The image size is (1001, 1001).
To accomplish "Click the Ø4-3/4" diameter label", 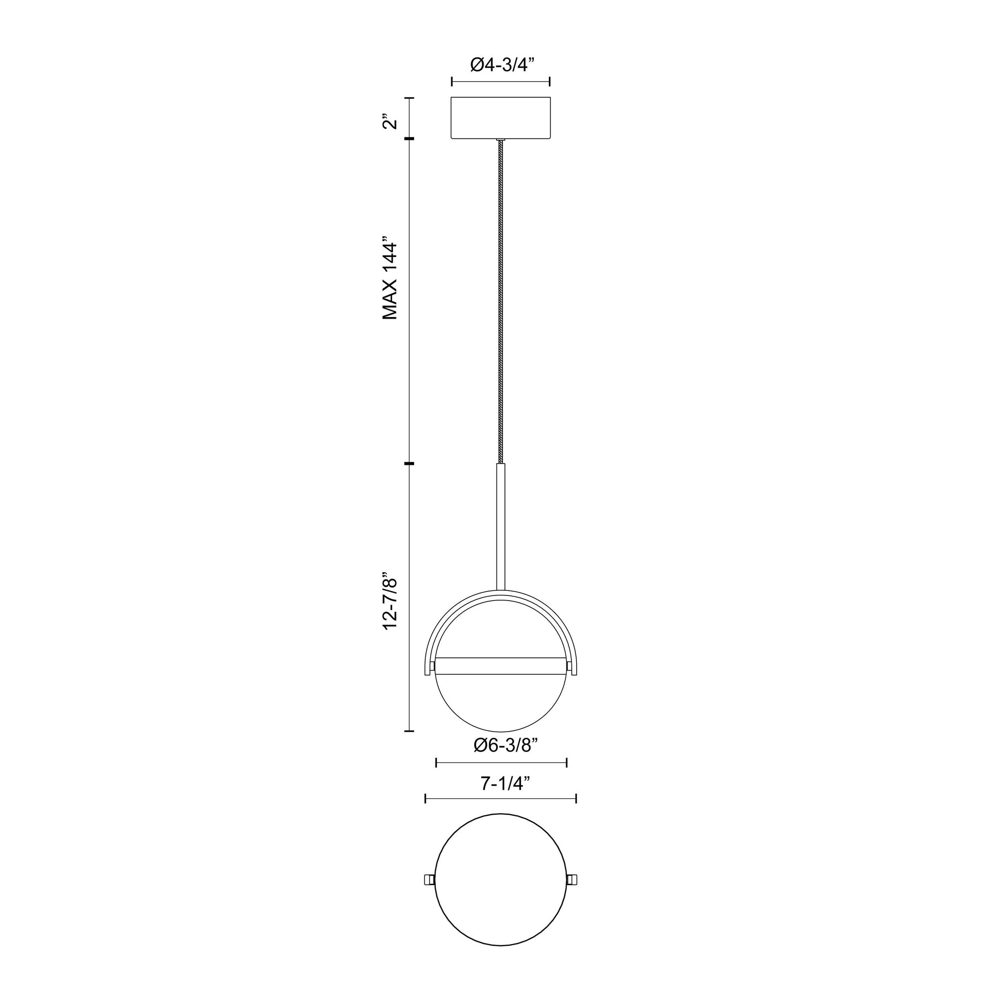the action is (x=501, y=65).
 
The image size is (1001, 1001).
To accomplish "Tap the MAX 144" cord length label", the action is (x=389, y=279).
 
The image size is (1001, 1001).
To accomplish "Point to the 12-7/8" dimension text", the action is (x=389, y=601).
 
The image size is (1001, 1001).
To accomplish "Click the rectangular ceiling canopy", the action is (x=500, y=118).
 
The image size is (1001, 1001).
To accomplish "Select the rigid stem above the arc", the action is (x=501, y=526).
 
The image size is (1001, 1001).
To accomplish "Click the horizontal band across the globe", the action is (x=501, y=666).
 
